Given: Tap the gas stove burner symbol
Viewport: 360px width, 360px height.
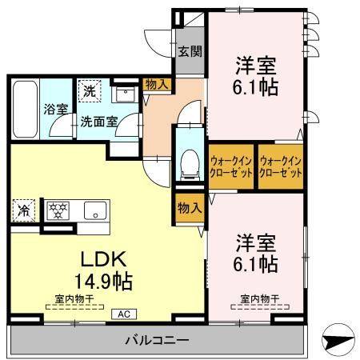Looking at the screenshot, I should tap(59, 211).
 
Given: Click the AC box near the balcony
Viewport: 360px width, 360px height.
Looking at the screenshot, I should tap(125, 314).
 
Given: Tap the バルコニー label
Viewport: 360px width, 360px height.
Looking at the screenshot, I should tap(156, 341).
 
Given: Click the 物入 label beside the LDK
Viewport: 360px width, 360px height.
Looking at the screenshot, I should tap(189, 208).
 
